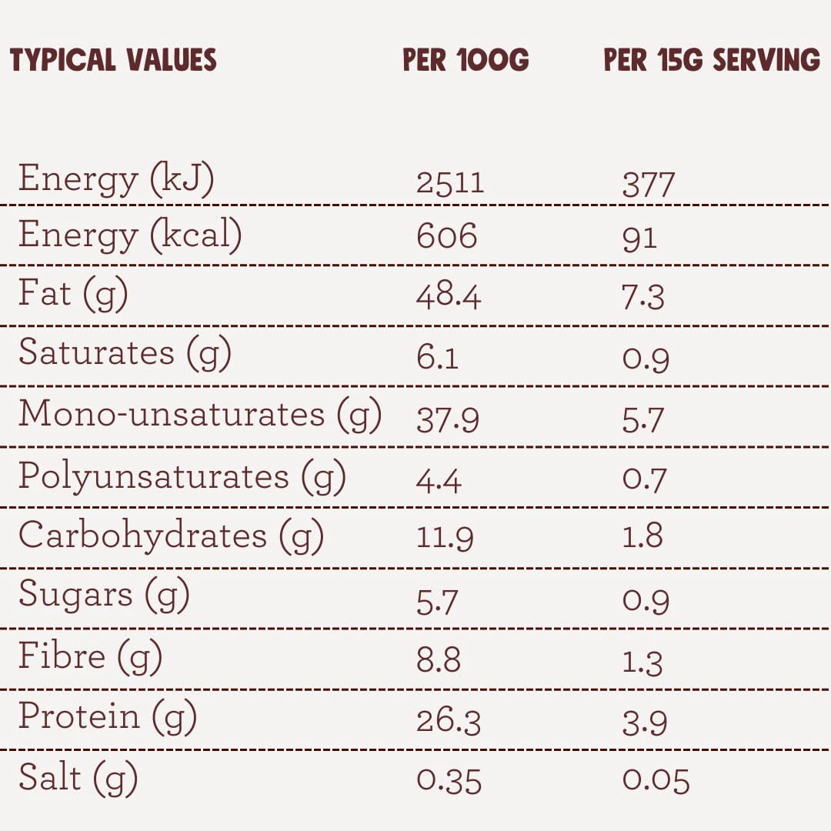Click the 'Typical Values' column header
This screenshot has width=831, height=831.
113,59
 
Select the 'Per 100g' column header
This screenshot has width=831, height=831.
466,59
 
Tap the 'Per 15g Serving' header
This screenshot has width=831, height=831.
712,59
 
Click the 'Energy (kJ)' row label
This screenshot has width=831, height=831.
116,179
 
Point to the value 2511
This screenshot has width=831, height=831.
450,183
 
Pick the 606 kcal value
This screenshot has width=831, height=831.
447,236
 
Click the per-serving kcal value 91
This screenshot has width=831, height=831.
639,239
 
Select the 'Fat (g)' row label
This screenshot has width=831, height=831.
73,294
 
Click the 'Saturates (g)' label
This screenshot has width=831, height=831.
125,353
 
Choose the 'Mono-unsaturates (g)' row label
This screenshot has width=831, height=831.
200,415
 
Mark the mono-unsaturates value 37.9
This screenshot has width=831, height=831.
448,420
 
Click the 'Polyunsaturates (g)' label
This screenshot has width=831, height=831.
182,476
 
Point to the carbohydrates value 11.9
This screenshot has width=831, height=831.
445,538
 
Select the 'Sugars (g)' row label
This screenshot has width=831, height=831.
104,595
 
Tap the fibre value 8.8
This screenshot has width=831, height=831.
439,660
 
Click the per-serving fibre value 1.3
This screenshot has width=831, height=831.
642,662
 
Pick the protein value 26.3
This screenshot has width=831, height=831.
449,722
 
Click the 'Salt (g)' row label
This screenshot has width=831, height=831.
78,778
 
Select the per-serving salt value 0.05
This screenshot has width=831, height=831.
656,781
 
